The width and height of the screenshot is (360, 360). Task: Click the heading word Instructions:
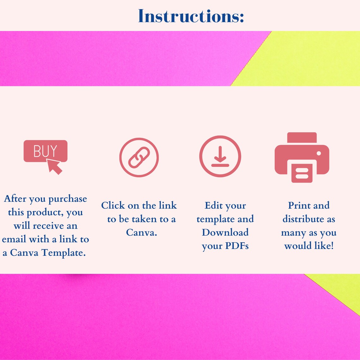pos(191,16)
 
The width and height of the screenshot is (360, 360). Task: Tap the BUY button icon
pos(45,151)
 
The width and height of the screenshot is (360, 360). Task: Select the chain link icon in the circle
pos(139,158)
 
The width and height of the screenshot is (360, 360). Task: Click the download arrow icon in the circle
pos(220,156)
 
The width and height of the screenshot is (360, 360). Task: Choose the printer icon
pos(302,158)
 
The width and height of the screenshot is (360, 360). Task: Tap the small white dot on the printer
pos(319,153)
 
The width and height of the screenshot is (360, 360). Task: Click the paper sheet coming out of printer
pos(302,173)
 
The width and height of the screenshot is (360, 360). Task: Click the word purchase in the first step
pos(68,199)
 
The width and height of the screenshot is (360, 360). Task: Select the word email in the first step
pos(14,239)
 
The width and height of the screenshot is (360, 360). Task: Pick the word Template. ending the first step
pos(63,253)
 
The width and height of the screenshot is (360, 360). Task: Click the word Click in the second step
pos(113,205)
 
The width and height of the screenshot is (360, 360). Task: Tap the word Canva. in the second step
pos(141,232)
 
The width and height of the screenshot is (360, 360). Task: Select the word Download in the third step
pos(225,232)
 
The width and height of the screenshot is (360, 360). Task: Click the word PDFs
pos(237,246)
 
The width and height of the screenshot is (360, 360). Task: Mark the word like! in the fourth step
pos(324,246)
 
